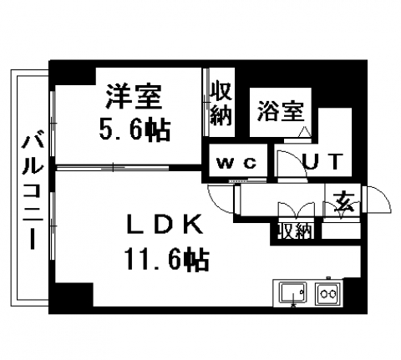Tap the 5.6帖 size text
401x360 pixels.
click(135, 129)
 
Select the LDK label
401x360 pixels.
click(165, 224)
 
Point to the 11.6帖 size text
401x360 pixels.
click(167, 259)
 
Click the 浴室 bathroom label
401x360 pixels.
click(281, 112)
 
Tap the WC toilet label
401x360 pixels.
click(236, 163)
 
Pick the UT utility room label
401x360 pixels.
click(322, 161)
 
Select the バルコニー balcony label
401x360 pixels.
click(33, 192)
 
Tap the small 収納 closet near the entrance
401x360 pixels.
click(296, 231)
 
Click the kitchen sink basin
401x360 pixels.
click(293, 292)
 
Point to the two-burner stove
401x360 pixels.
click(327, 293)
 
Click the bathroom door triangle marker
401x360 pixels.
click(305, 132)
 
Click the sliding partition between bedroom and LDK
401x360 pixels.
click(113, 168)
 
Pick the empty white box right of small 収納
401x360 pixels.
click(342, 231)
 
